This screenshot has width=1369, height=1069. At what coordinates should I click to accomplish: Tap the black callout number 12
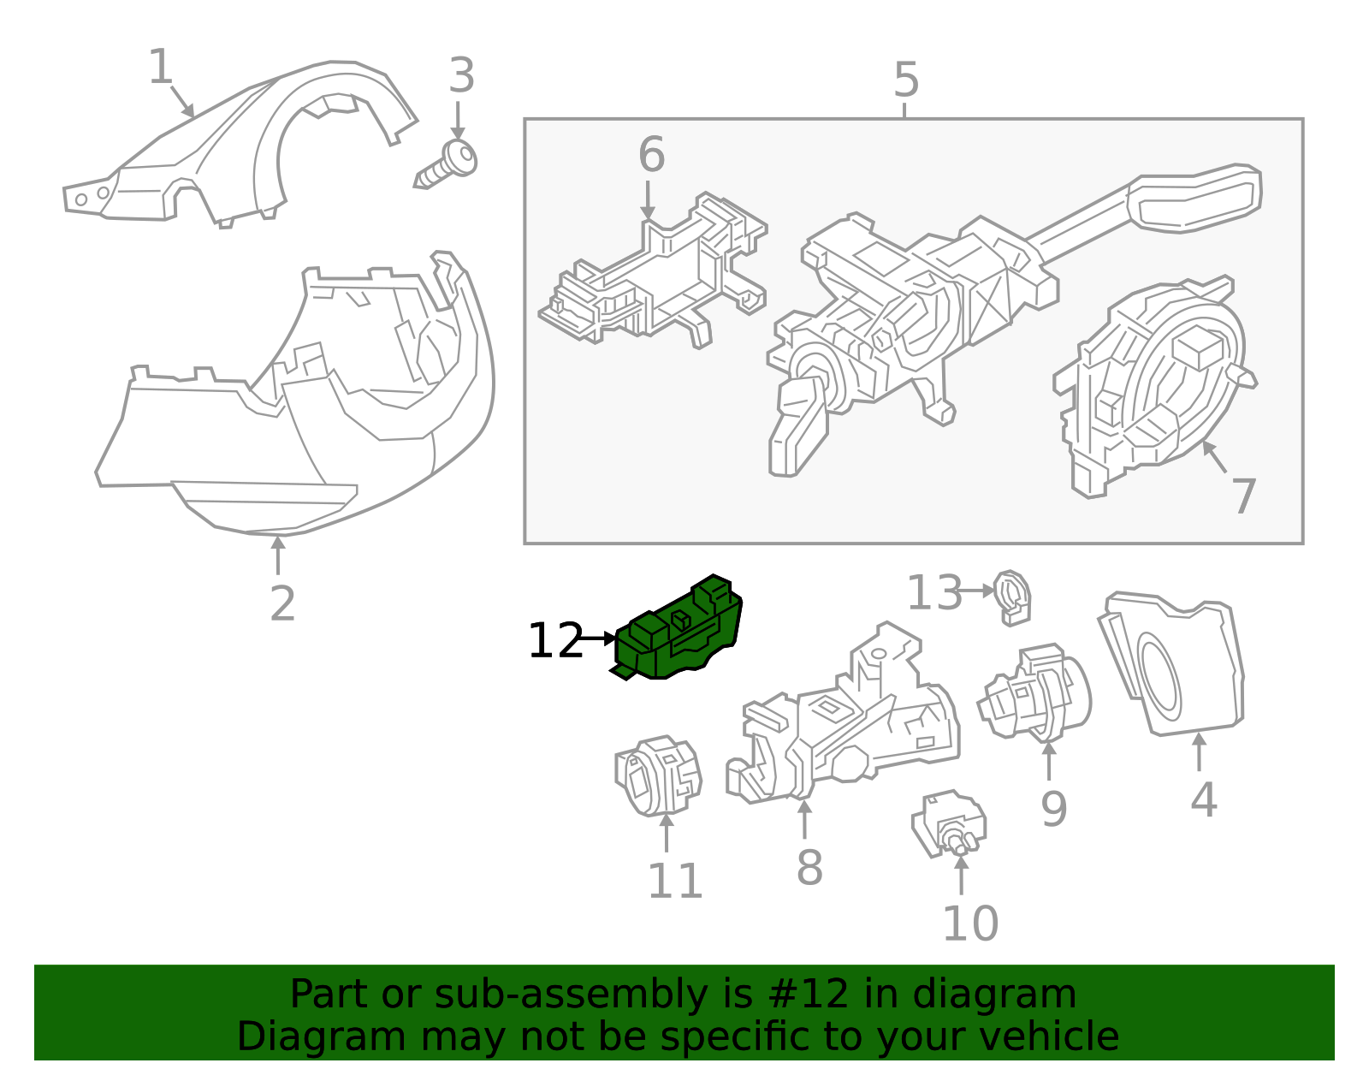click(554, 640)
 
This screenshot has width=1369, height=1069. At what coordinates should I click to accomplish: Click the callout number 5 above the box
click(905, 80)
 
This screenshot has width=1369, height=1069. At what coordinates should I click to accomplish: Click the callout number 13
click(933, 592)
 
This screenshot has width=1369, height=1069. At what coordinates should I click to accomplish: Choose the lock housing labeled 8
click(847, 719)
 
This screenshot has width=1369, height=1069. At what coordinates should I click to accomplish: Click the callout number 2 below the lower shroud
click(282, 604)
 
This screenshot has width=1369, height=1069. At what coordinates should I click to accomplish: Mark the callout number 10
click(969, 923)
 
